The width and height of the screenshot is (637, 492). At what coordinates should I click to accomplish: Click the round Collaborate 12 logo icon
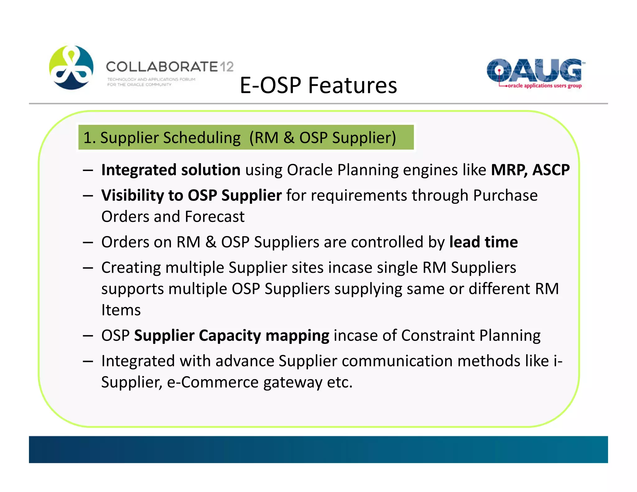click(71, 67)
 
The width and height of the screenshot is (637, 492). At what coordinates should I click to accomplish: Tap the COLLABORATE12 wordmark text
click(170, 67)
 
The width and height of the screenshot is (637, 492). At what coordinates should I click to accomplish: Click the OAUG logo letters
click(534, 70)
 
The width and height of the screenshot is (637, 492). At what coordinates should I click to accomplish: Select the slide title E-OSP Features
click(318, 85)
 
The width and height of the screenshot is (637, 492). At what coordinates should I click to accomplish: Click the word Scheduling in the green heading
click(202, 138)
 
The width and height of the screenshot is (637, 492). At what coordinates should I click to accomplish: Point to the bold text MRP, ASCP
click(530, 170)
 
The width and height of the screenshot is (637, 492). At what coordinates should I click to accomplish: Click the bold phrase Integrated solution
click(171, 170)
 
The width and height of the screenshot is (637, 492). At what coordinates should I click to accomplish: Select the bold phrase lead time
click(483, 242)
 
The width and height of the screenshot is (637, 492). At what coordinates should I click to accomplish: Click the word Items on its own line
click(121, 310)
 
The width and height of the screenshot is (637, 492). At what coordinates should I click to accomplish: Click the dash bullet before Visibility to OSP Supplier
click(88, 196)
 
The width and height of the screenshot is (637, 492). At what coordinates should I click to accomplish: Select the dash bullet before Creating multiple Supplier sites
click(88, 268)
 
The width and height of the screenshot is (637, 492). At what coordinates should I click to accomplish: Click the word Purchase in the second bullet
click(505, 196)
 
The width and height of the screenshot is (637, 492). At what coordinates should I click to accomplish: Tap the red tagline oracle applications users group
click(544, 86)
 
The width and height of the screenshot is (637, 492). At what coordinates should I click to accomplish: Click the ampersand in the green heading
click(289, 138)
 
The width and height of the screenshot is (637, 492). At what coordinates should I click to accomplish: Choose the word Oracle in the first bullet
click(309, 170)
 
